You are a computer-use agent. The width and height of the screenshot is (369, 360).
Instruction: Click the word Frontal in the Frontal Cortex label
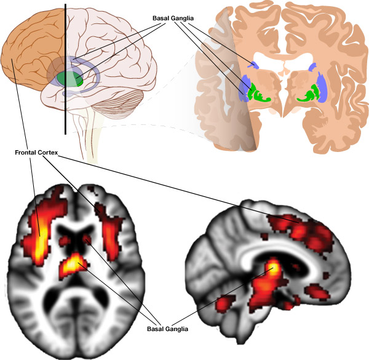click(x=30, y=151)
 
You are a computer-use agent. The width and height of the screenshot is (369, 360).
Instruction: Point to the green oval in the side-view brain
click(x=70, y=79)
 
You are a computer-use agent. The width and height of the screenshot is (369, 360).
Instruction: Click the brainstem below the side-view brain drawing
click(x=92, y=138)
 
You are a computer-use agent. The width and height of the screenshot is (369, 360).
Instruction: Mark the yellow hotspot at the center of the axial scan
click(x=73, y=264)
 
